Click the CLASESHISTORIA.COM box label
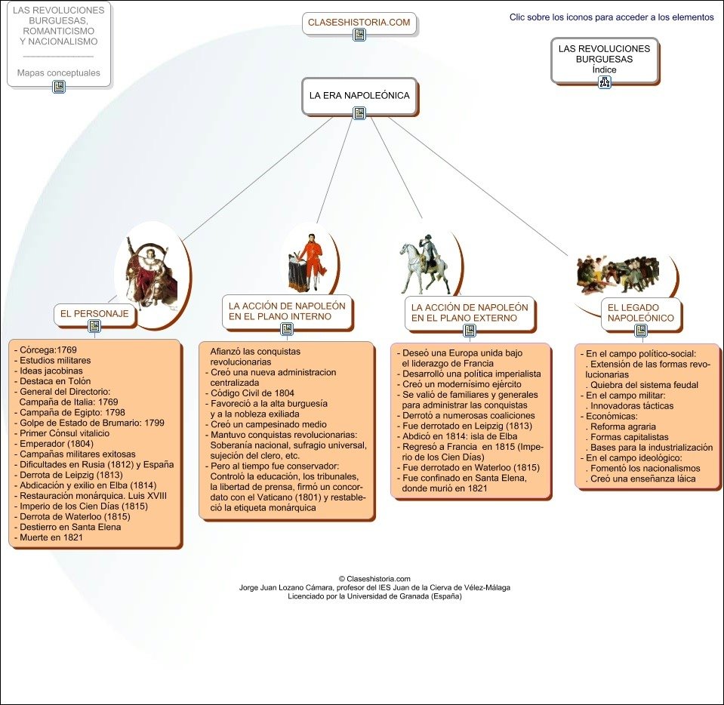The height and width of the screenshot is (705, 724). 359,23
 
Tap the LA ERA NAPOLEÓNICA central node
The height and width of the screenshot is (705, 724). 359,96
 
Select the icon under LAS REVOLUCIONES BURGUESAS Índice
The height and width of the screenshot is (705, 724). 605,82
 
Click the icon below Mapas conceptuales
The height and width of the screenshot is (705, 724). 59,87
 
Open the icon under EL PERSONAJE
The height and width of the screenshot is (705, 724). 94,326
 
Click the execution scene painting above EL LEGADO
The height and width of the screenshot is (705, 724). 618,275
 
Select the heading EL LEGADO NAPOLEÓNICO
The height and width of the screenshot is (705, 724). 640,312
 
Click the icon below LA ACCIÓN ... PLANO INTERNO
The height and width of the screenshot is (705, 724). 287,329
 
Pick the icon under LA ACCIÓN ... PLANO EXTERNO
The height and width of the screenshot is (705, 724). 470,331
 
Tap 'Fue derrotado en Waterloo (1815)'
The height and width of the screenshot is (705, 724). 470,467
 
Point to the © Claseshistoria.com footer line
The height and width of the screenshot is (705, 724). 374,578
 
